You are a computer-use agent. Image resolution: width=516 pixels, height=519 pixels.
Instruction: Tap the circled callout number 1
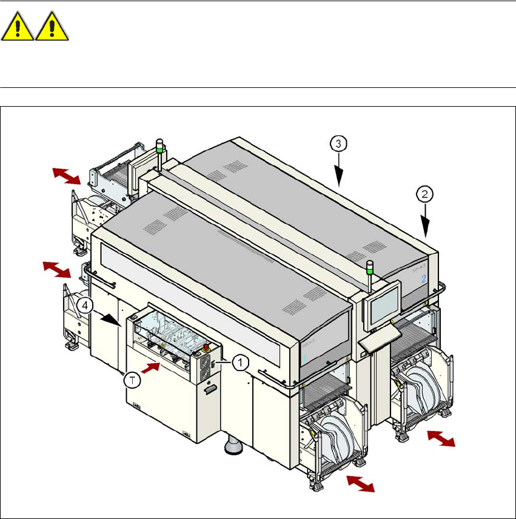tap(240, 363)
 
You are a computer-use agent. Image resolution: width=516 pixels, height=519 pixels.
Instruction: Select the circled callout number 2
tap(425, 195)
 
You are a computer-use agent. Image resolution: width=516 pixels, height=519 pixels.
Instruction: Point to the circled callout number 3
tap(338, 144)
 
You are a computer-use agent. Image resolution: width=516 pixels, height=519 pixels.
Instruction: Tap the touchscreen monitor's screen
tap(384, 303)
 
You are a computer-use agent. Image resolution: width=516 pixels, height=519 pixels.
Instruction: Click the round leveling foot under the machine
tap(233, 448)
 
